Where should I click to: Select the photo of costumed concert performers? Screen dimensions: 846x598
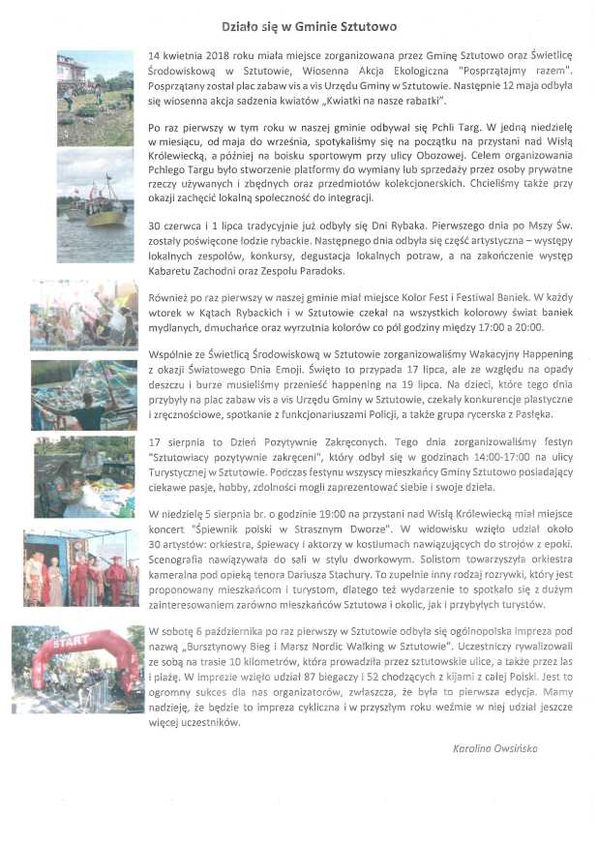tap(82, 568)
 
